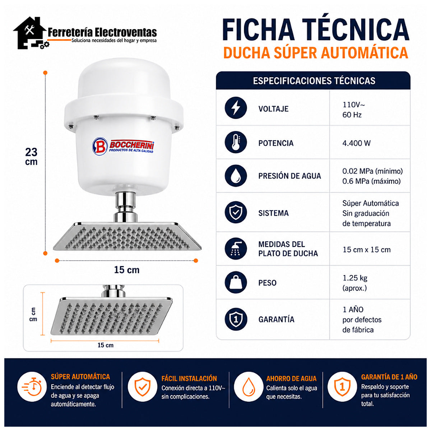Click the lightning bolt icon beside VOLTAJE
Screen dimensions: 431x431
point(236,108)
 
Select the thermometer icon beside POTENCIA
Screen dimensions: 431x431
point(236,142)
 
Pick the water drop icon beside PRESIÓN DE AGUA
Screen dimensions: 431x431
point(236,176)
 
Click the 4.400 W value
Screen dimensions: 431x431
point(356,143)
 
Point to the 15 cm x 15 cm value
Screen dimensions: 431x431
point(367,250)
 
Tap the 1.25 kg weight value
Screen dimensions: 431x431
point(355,278)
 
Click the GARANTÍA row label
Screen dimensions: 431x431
point(276,319)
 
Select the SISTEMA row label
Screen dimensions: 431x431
point(273,213)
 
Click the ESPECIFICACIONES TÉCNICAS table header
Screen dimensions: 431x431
point(314,81)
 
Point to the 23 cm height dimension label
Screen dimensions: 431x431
point(31,157)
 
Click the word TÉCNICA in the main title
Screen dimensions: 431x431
point(356,29)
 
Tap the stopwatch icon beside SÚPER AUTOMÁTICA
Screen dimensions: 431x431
point(32,387)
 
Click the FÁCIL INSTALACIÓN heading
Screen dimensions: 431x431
point(189,379)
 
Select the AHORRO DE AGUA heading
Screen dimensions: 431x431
point(291,379)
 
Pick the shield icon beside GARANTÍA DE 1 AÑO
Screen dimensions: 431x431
point(342,387)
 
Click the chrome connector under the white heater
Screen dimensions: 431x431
point(125,207)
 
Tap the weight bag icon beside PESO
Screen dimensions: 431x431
point(236,282)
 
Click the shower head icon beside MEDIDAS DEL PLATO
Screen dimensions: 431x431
point(236,249)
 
